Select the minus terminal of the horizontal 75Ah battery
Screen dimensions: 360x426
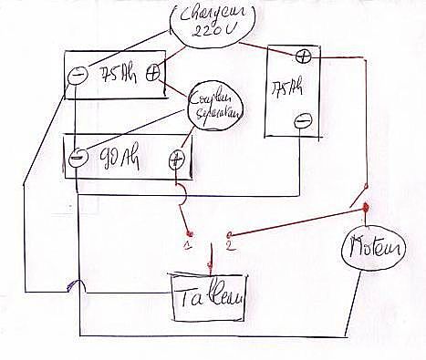pos(79,72)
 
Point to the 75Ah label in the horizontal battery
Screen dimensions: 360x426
pos(116,73)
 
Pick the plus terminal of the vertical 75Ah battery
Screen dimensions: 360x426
pos(303,57)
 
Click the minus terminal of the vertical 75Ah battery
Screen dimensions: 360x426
pos(304,119)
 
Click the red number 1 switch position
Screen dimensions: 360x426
pos(188,246)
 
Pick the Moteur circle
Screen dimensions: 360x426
pos(370,245)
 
